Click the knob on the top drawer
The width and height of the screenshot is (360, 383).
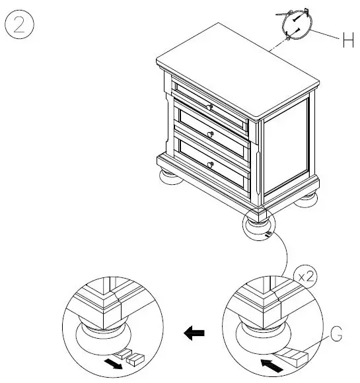pos(209,107)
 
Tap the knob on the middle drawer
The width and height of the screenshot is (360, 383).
pos(210,135)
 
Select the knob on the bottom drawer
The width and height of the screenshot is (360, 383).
pos(211,164)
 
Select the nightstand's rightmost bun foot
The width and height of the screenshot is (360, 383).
pos(306,199)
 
